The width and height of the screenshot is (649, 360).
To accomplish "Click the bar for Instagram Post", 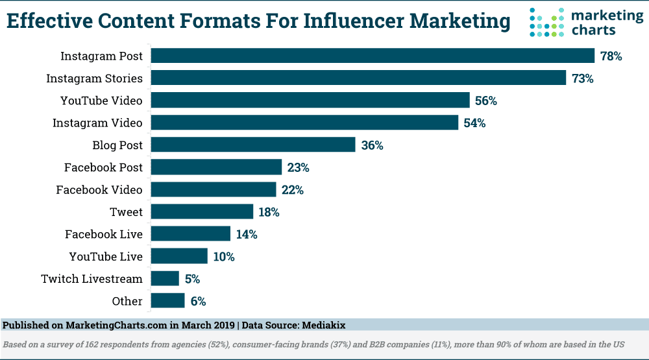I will (373, 56).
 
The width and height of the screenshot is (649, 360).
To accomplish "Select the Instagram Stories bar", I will (359, 78).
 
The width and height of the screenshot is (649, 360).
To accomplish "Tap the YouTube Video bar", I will (310, 101).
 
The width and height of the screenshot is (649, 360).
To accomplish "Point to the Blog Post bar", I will (253, 145).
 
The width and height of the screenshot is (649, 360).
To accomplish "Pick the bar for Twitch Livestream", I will (165, 279).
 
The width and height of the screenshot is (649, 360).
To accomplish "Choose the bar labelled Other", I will (167, 301).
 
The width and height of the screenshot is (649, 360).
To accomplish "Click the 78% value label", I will (611, 56).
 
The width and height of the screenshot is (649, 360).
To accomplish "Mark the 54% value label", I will (474, 123).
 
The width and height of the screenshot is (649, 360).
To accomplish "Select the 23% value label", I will (298, 168).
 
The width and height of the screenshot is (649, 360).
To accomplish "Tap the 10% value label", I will (224, 257).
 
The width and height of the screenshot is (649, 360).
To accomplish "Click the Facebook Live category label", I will (104, 234).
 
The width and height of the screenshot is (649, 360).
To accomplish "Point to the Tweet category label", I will (127, 212).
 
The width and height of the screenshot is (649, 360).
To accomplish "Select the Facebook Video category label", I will (99, 190).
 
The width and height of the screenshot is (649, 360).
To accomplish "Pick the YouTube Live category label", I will (106, 257).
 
